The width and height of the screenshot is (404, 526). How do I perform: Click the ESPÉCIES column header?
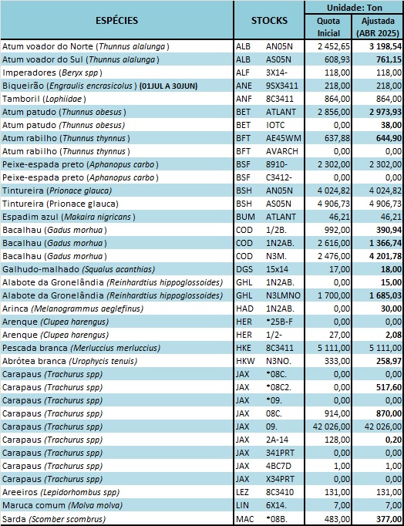(116, 21)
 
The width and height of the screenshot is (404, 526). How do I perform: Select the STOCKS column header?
(269, 21)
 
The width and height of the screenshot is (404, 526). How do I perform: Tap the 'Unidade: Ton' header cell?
(355, 8)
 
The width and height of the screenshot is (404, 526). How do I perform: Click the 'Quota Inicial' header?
(328, 27)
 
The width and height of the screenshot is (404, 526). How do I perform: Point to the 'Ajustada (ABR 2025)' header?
(378, 27)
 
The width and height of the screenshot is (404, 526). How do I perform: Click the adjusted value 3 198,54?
(385, 46)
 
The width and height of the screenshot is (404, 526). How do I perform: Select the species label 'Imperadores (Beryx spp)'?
(52, 72)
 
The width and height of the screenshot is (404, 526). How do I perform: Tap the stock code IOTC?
(275, 125)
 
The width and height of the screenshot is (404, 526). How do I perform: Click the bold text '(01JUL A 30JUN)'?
(168, 86)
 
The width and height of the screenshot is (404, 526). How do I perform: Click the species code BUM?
(245, 217)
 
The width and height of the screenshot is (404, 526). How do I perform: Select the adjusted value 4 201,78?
(385, 256)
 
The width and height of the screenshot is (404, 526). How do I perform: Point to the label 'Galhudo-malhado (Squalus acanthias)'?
(79, 269)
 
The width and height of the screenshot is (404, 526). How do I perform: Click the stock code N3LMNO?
(283, 295)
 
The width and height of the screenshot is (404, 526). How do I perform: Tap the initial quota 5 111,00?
(333, 348)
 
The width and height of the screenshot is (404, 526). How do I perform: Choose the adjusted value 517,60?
(389, 387)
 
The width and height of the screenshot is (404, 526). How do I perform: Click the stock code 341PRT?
(280, 453)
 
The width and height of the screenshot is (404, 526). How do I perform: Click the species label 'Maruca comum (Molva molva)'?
(62, 505)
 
